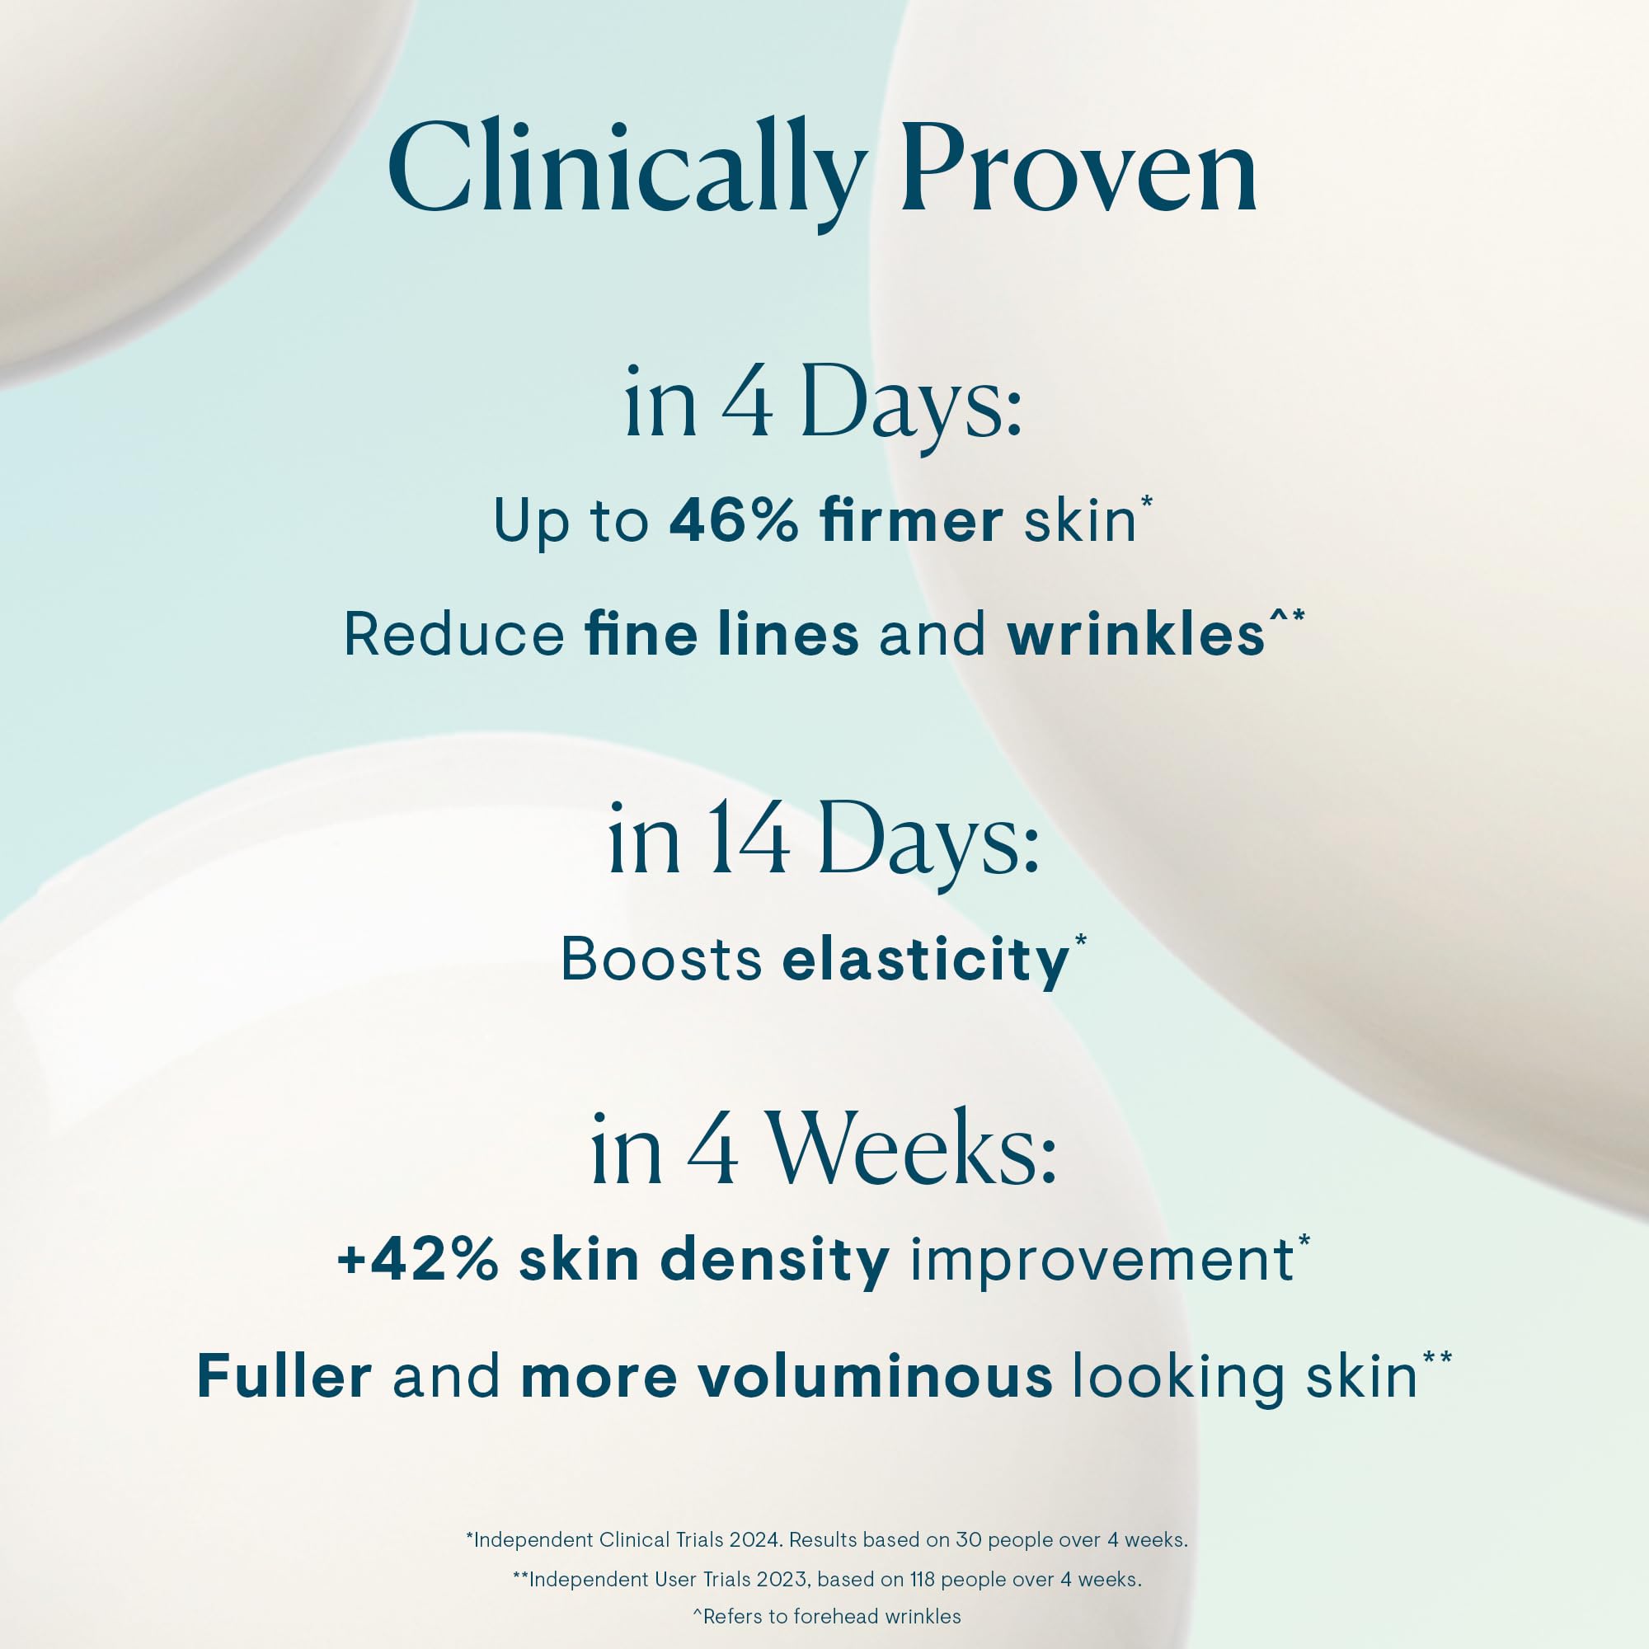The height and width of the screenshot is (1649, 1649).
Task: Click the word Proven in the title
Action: (1078, 169)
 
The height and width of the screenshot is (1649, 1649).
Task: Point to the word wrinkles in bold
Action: (1135, 635)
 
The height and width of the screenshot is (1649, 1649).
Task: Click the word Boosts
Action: (660, 960)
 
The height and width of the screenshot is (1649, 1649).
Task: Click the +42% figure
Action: (417, 1260)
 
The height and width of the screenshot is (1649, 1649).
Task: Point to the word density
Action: (775, 1261)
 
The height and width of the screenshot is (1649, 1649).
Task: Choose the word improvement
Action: (1102, 1261)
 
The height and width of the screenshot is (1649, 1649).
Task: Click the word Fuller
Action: (284, 1376)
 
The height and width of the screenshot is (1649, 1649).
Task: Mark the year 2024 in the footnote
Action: (754, 1539)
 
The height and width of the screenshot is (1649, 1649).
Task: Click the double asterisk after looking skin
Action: (1437, 1356)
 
